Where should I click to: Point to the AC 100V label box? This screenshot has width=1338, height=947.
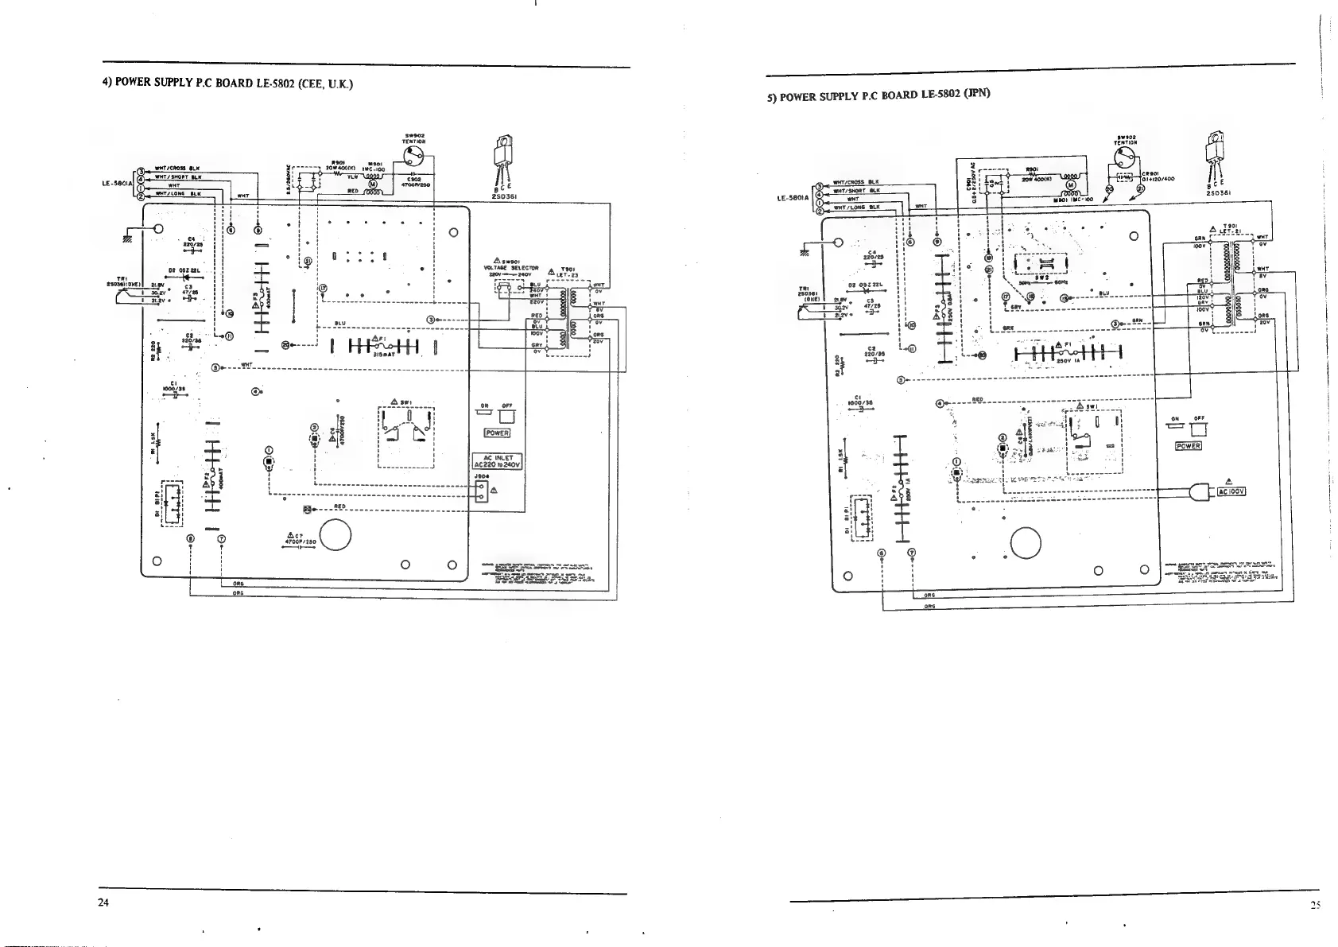click(1231, 491)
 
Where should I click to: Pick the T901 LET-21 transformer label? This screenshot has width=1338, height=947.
click(1230, 228)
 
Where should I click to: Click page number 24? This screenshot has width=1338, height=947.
click(104, 902)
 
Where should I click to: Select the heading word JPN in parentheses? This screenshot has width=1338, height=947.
click(975, 92)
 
